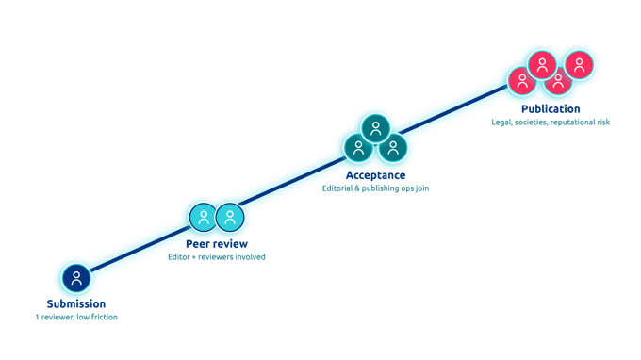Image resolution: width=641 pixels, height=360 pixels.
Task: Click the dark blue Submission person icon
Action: click(x=76, y=278)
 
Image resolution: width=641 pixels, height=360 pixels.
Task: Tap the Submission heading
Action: click(x=76, y=303)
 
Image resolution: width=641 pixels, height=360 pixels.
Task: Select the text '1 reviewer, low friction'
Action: click(x=76, y=317)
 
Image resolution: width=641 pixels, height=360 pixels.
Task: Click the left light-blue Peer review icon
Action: click(x=204, y=218)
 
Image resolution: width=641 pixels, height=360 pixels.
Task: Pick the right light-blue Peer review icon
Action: click(x=230, y=218)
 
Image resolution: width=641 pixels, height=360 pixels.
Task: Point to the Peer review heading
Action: click(x=217, y=244)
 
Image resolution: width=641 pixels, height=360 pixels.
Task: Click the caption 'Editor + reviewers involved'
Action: click(x=217, y=257)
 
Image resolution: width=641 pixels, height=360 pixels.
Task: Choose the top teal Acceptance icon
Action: click(x=375, y=129)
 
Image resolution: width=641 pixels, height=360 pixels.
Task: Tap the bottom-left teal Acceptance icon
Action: click(x=358, y=148)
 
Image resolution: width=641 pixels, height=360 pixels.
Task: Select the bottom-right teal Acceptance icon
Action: click(x=393, y=148)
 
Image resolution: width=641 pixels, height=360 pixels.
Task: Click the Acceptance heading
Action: click(x=376, y=175)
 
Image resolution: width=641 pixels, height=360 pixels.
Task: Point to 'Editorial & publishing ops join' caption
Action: click(x=376, y=188)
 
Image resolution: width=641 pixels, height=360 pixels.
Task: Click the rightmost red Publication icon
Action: click(x=579, y=65)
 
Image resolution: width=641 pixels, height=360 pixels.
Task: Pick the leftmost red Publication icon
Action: click(x=522, y=80)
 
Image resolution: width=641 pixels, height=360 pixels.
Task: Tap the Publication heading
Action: click(x=551, y=109)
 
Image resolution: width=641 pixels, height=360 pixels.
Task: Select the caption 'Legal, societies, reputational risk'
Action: click(x=551, y=123)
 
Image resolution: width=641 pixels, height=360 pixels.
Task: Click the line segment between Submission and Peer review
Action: click(x=140, y=249)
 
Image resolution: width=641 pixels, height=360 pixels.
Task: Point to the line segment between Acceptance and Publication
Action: click(x=453, y=109)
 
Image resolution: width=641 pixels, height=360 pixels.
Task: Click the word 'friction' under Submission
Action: click(x=104, y=317)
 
